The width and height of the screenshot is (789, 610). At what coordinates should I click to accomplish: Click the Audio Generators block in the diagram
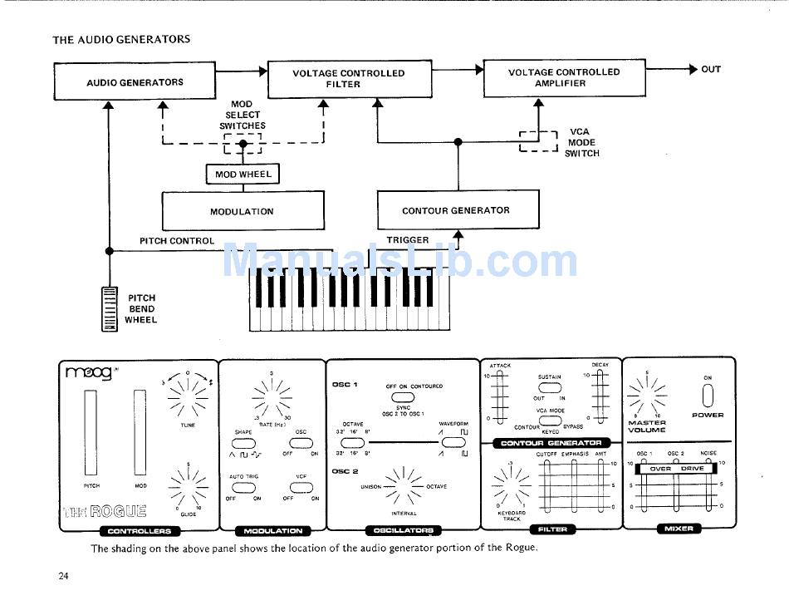pyautogui.click(x=135, y=82)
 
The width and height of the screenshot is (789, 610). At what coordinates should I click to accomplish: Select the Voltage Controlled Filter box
pyautogui.click(x=349, y=79)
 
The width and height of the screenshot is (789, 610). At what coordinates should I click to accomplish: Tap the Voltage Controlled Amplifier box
pyautogui.click(x=564, y=78)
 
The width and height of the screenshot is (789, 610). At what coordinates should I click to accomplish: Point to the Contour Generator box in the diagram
pyautogui.click(x=456, y=211)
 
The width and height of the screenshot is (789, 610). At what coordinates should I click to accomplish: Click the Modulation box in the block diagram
pyautogui.click(x=242, y=212)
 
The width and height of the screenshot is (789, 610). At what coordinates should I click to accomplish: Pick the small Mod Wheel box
pyautogui.click(x=243, y=175)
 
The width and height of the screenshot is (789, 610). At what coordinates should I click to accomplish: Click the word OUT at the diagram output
pyautogui.click(x=711, y=70)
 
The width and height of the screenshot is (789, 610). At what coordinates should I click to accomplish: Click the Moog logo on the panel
pyautogui.click(x=88, y=373)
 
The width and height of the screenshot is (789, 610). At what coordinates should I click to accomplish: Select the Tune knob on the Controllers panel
pyautogui.click(x=188, y=393)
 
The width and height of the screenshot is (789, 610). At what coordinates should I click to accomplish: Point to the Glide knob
pyautogui.click(x=188, y=485)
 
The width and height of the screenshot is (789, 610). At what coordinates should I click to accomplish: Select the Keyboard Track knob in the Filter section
pyautogui.click(x=511, y=485)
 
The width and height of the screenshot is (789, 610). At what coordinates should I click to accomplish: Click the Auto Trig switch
pyautogui.click(x=243, y=488)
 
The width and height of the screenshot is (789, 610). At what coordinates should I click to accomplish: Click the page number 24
pyautogui.click(x=63, y=576)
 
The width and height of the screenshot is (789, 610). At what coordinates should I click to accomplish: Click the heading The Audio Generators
pyautogui.click(x=121, y=39)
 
